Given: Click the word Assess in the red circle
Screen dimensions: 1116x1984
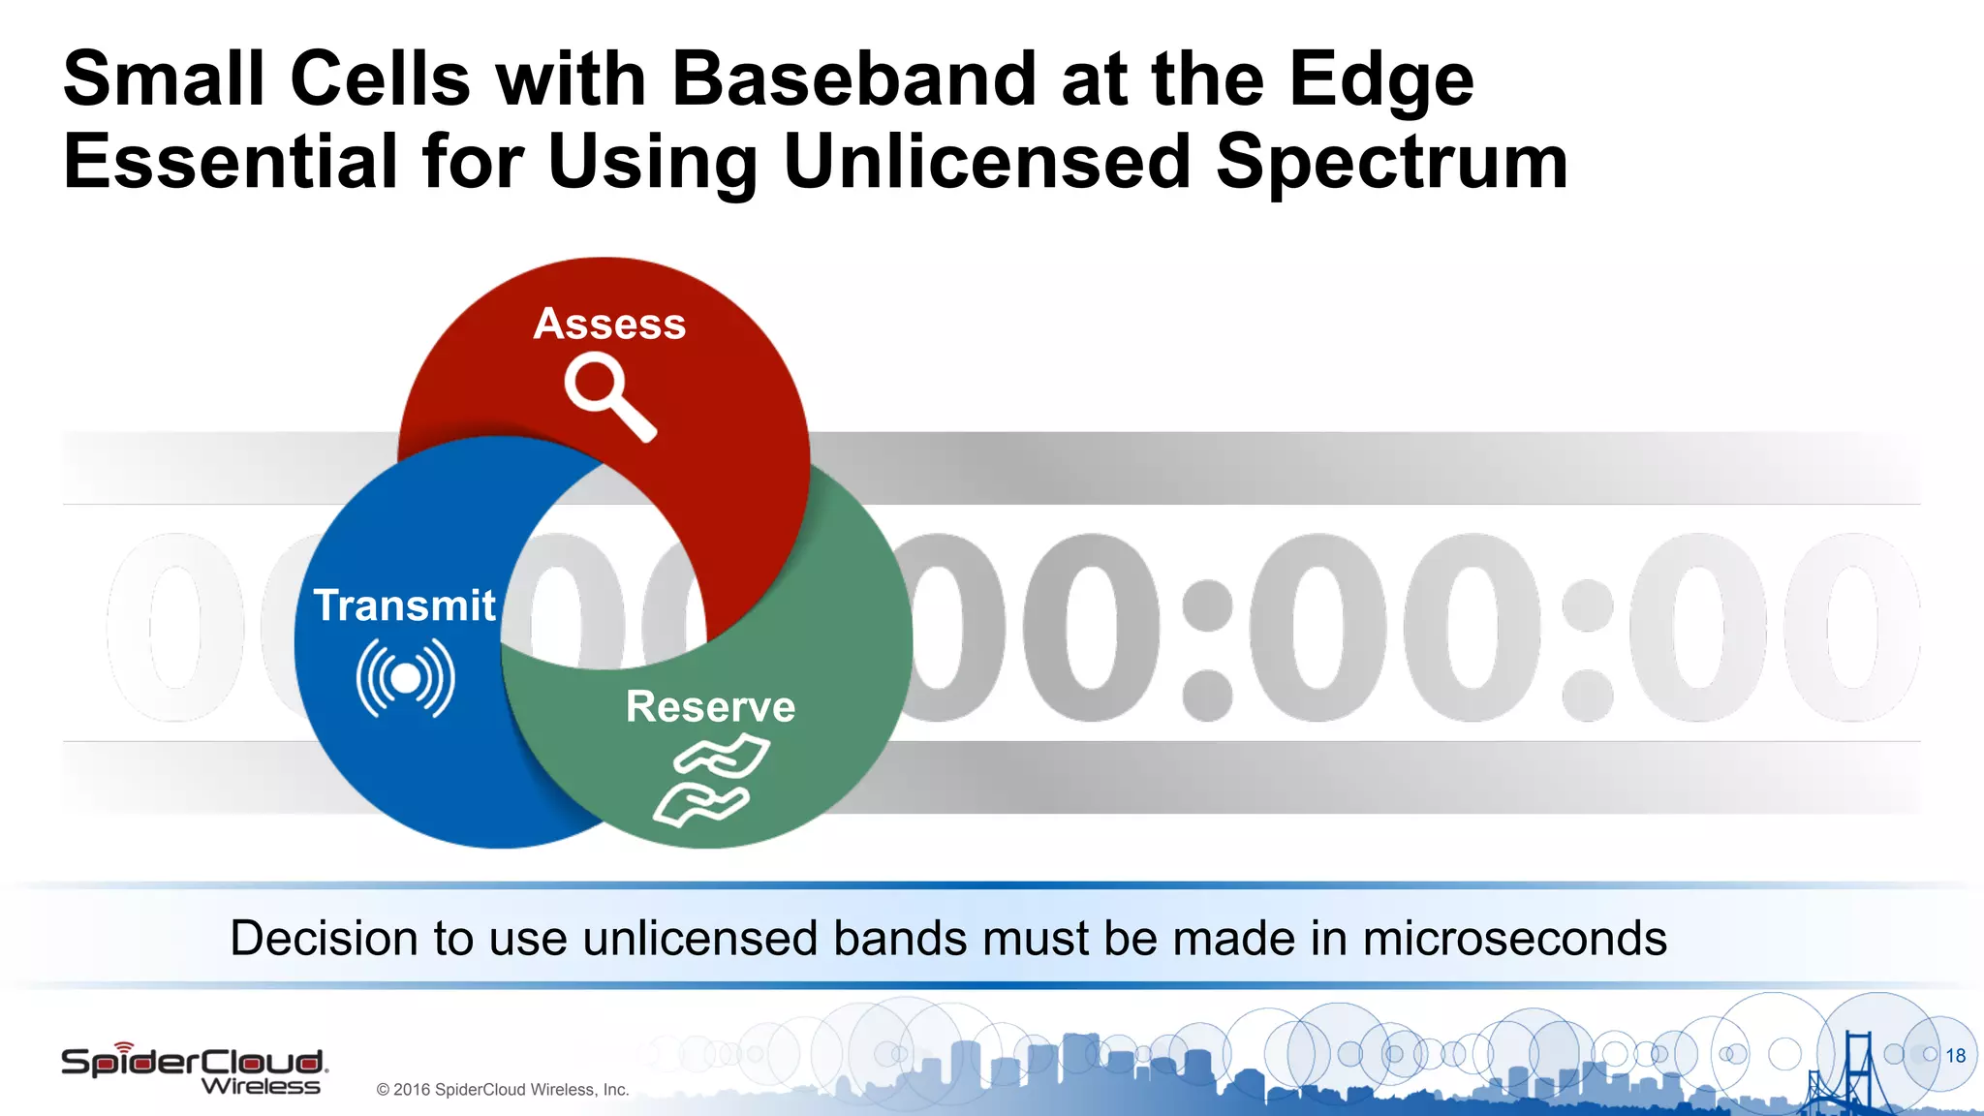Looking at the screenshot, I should (609, 324).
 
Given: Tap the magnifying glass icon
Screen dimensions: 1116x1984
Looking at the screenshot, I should (608, 396).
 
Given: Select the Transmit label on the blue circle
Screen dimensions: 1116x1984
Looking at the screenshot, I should (404, 605).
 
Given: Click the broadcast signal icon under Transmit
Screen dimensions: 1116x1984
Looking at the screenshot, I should (406, 678).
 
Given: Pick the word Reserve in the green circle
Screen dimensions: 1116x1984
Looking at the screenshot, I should (710, 706).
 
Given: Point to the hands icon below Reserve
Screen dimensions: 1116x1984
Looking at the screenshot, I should (712, 781).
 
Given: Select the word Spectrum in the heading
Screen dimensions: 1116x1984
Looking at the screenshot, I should (1391, 162).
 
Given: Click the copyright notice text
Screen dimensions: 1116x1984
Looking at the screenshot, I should (503, 1090).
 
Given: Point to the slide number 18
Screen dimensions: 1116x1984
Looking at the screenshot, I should (1955, 1056).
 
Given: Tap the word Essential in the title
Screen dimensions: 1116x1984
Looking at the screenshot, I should (231, 162).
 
